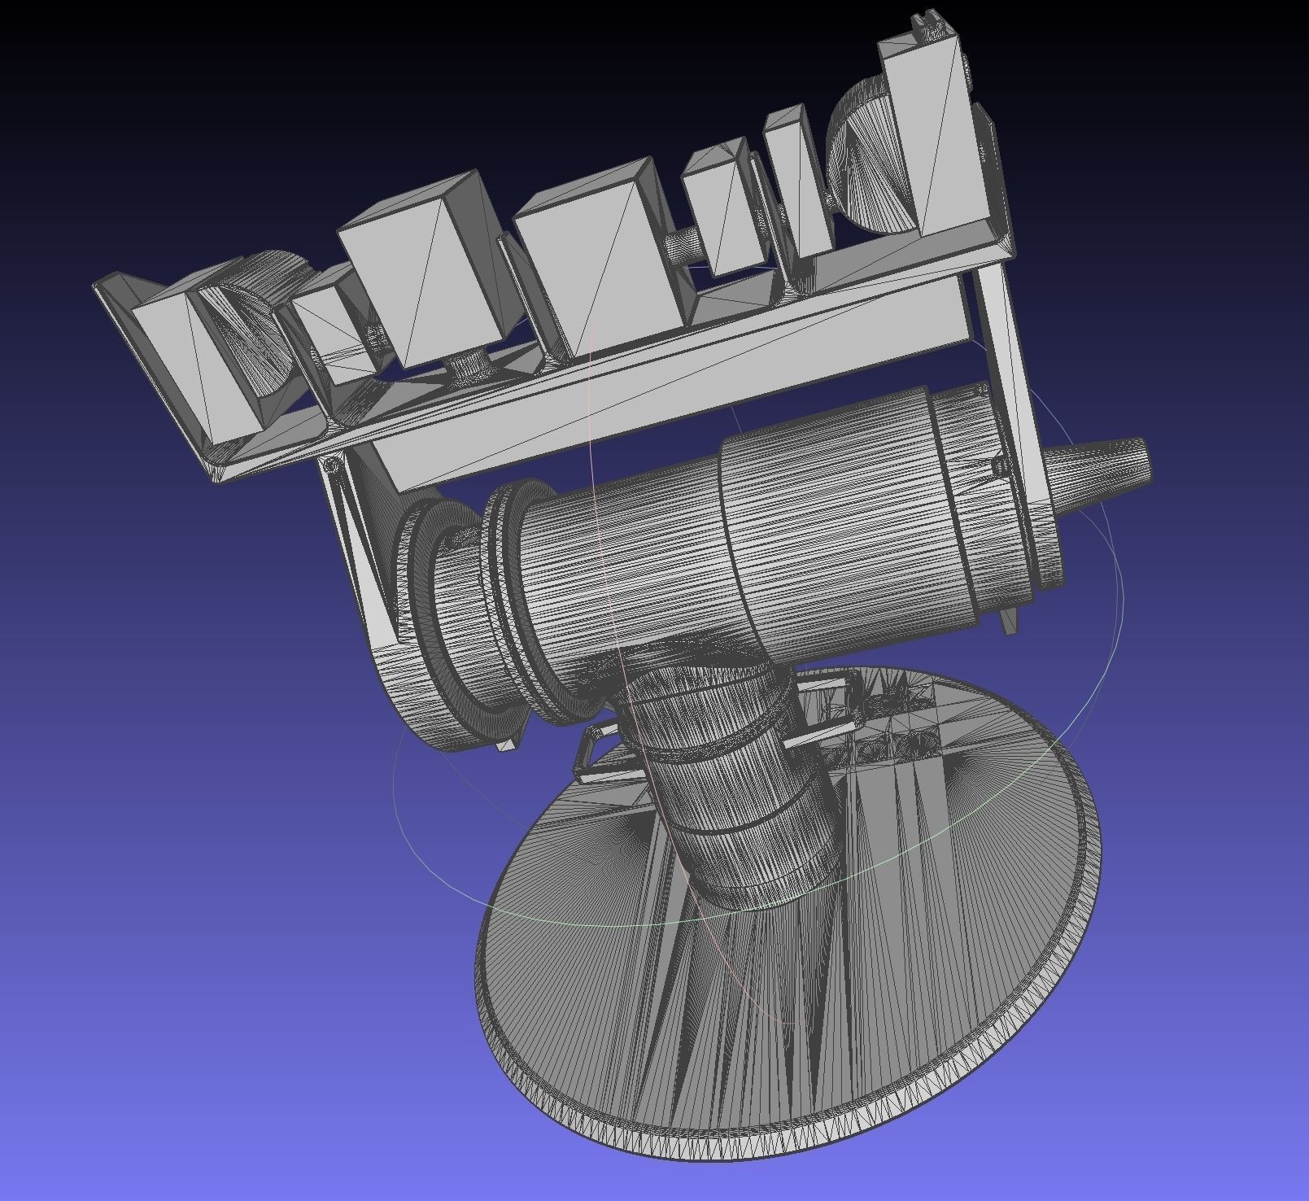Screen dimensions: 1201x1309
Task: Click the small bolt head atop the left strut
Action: click(x=330, y=466)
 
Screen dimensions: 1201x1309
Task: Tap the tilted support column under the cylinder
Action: click(x=732, y=781)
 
